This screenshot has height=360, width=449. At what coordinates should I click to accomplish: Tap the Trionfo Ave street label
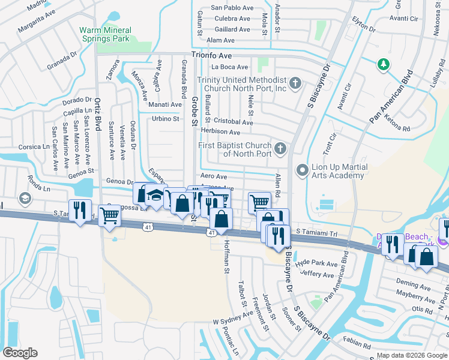[x=212, y=55]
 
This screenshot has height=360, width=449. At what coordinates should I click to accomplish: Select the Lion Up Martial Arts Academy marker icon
[x=301, y=171]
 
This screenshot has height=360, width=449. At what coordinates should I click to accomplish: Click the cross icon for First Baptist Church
[x=279, y=148]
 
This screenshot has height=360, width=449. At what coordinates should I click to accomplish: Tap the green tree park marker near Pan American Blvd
[x=382, y=64]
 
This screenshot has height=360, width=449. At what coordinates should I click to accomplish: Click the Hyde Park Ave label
[x=318, y=263]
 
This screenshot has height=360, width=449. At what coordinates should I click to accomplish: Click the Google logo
[x=20, y=353]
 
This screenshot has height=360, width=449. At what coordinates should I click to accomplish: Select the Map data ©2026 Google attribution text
[x=411, y=355]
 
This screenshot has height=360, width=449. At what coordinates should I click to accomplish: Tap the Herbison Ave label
[x=220, y=132]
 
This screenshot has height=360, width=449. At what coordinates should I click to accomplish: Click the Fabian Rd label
[x=358, y=344]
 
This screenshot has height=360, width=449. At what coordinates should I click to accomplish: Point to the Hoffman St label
[x=226, y=259]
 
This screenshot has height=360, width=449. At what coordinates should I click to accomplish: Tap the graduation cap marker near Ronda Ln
[x=25, y=197]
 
